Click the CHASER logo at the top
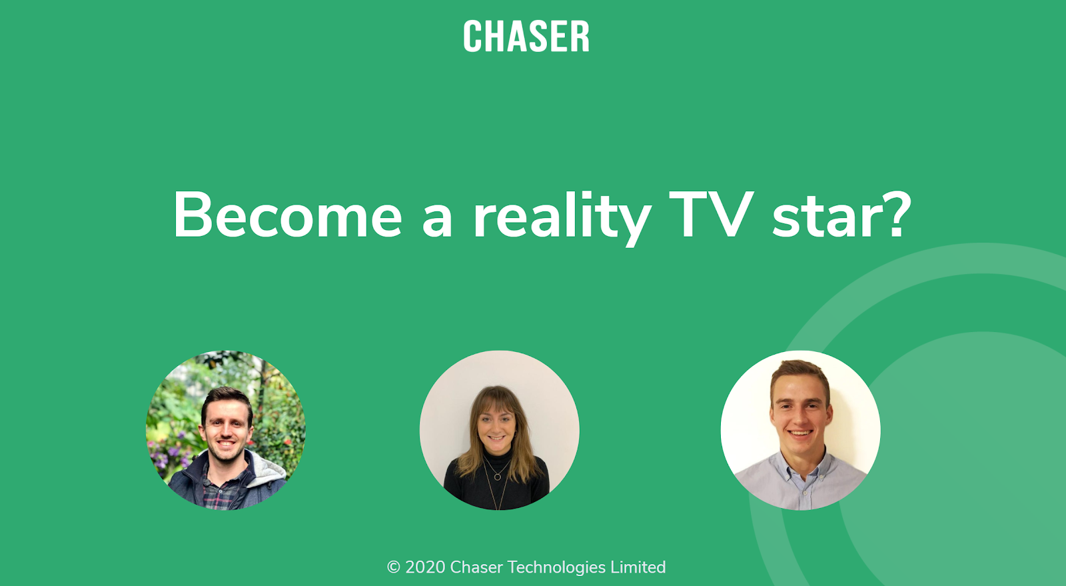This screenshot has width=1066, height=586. click(526, 36)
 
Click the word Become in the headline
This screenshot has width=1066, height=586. click(288, 215)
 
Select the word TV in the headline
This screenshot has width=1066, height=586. click(712, 215)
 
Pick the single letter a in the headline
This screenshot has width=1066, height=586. click(437, 220)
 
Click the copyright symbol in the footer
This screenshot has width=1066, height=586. click(394, 567)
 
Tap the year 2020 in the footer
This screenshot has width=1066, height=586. click(426, 567)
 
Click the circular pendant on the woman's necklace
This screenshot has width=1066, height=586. click(497, 475)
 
